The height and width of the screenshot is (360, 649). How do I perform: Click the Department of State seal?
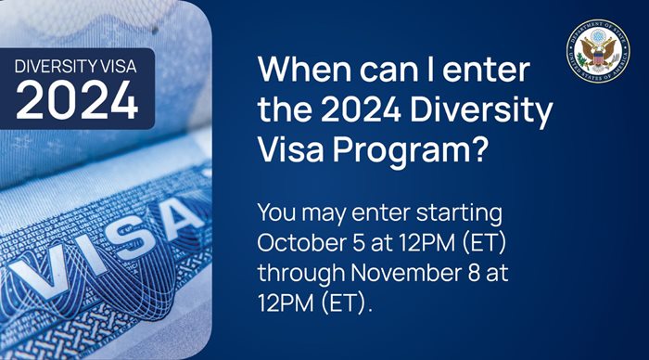598,51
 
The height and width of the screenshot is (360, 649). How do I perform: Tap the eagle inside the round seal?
598,52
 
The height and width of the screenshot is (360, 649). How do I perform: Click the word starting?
459,213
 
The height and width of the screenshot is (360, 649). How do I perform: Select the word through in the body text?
301,274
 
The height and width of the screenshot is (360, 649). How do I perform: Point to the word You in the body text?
276,212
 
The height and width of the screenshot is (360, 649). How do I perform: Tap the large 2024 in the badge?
77,100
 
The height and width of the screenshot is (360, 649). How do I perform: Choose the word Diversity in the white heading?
481,111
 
